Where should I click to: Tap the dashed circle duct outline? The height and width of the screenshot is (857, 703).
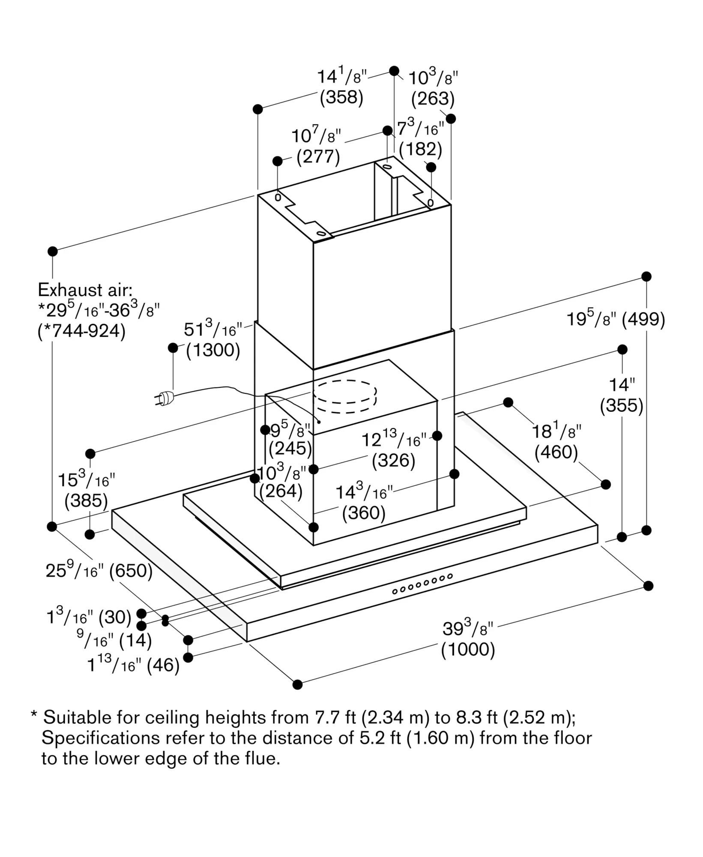click(x=345, y=396)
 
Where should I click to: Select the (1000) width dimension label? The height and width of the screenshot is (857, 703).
click(x=468, y=650)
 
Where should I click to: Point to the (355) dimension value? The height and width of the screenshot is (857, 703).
click(x=622, y=406)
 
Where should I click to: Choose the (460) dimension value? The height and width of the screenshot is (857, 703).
click(x=556, y=452)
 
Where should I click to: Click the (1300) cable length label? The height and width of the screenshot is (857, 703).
click(x=213, y=351)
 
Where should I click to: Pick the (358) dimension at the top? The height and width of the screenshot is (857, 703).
click(x=341, y=97)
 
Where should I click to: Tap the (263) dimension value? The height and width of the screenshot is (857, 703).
click(x=433, y=99)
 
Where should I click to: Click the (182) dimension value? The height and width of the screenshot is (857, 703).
click(x=420, y=149)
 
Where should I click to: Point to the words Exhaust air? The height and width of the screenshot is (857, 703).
click(x=85, y=290)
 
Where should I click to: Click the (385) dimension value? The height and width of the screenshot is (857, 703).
click(x=86, y=501)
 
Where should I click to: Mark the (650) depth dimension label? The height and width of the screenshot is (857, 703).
click(x=131, y=571)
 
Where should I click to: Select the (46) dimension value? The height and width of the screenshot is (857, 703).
click(x=163, y=666)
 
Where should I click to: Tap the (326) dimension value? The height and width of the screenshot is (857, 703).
click(x=393, y=461)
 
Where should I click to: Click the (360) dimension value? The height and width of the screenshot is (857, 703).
click(x=364, y=513)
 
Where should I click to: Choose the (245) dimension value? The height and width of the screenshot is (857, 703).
click(x=290, y=449)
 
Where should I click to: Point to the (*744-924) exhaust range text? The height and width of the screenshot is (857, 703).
click(x=82, y=331)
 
